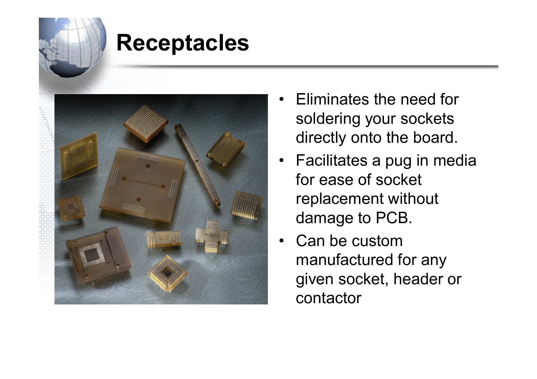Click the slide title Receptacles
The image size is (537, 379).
tap(183, 43)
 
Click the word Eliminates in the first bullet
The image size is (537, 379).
tap(332, 99)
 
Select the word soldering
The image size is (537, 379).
tap(328, 119)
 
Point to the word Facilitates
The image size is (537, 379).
tap(332, 160)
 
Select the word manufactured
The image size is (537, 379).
tap(344, 260)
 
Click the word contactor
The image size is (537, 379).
tap(329, 298)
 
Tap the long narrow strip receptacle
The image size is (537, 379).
tap(197, 165)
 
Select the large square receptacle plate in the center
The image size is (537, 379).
tap(142, 183)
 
